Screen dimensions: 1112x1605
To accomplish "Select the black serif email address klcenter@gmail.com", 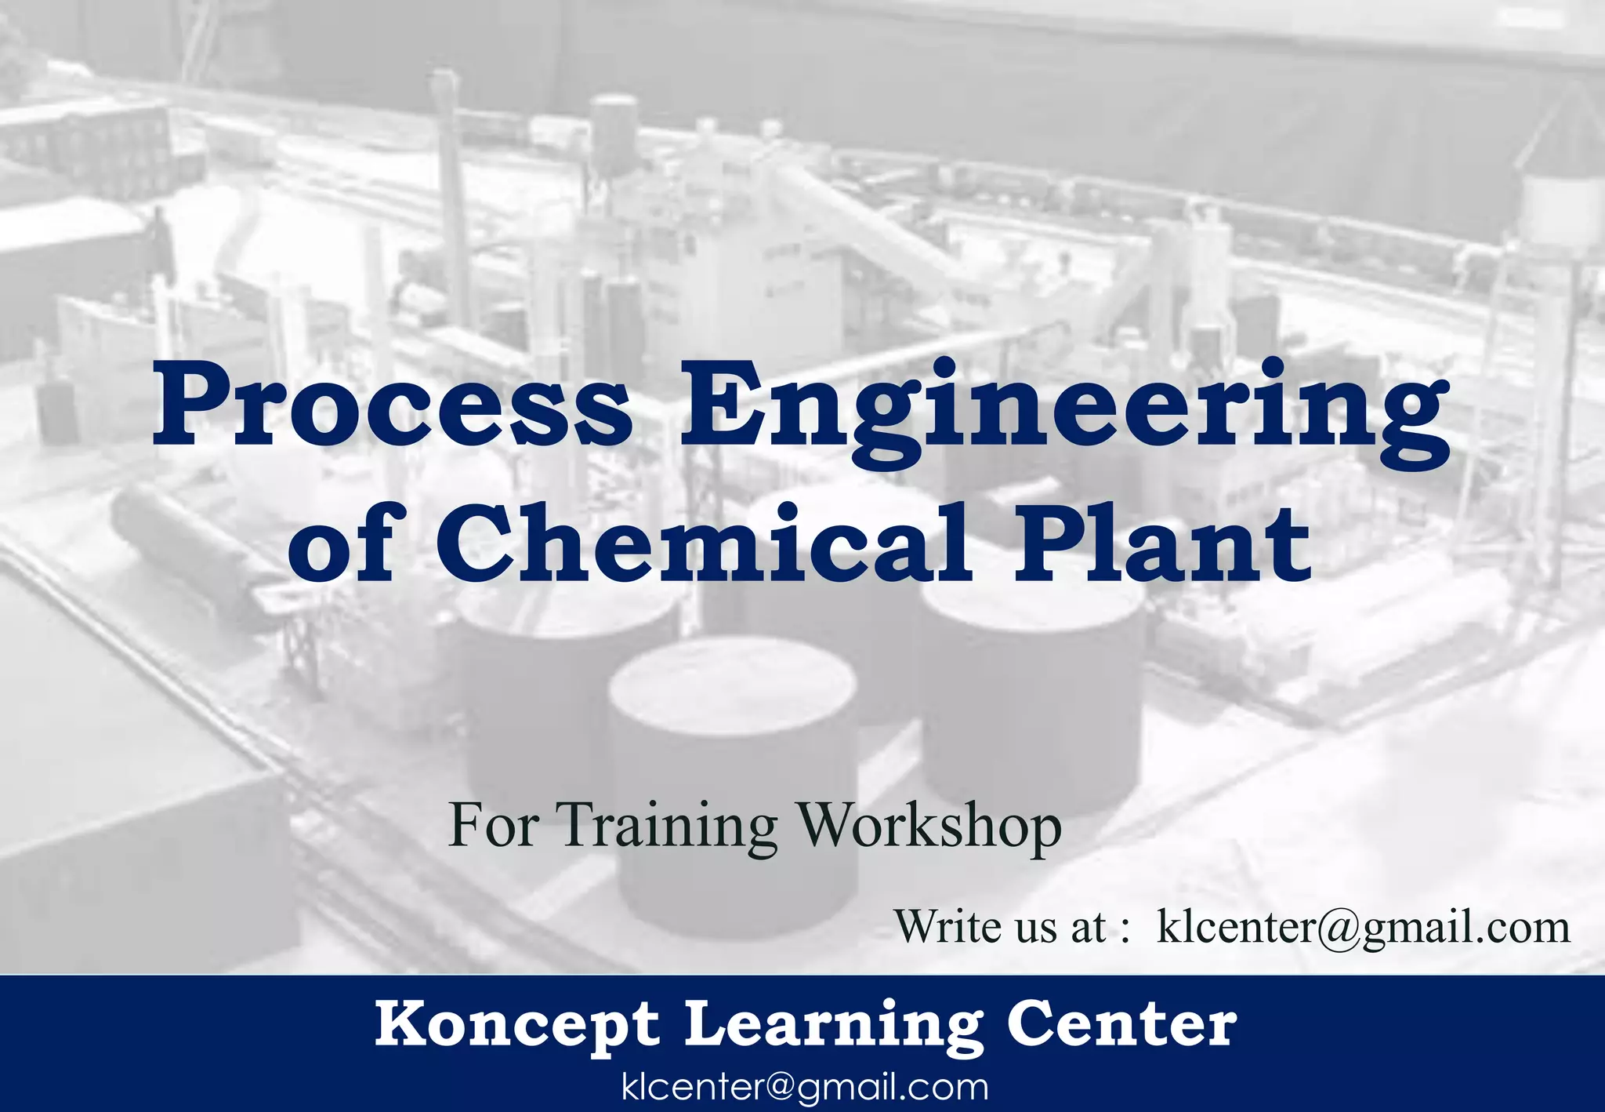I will (1364, 927).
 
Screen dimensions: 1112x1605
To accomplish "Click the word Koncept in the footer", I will (517, 1025).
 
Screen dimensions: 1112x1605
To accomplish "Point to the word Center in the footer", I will (1121, 1025).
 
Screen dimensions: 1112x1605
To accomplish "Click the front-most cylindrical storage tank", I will (733, 784).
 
